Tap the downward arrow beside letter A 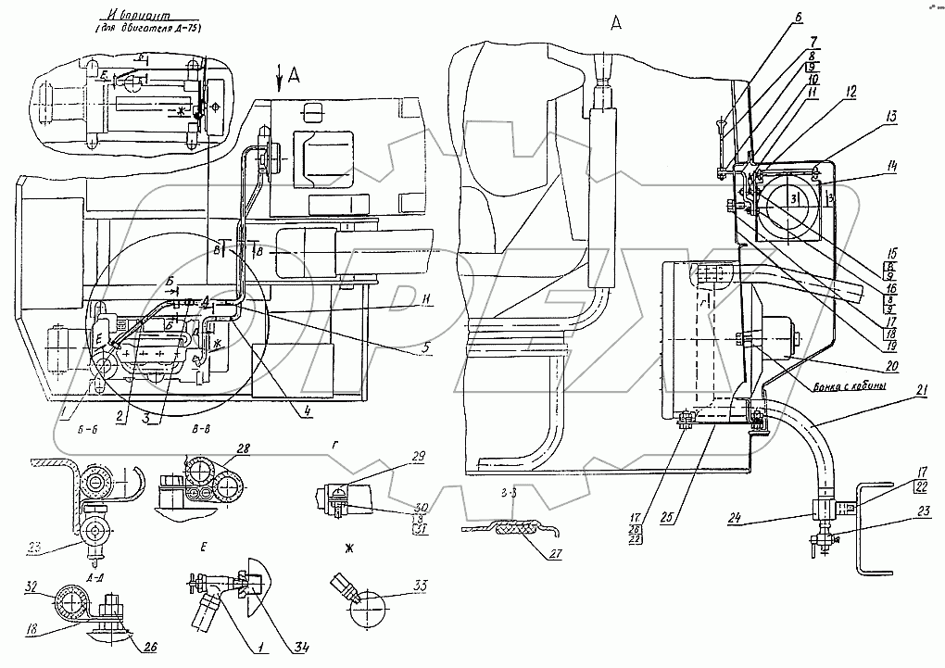[x=279, y=82]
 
